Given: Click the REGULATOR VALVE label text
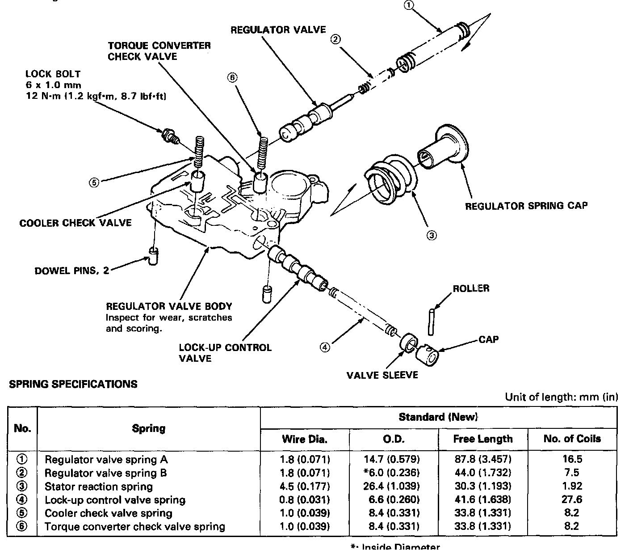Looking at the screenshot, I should point(278,30).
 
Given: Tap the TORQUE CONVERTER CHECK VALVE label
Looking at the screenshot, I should point(159,51).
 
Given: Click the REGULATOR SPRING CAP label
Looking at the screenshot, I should point(526,206).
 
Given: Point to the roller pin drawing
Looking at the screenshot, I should point(432,321).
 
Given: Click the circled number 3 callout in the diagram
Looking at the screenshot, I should point(431,235).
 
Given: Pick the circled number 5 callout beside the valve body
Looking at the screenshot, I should point(94,182).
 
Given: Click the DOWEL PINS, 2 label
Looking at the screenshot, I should point(72,271).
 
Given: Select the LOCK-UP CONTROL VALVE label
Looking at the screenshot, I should point(225,353).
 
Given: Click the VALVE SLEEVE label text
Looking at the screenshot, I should point(382,375).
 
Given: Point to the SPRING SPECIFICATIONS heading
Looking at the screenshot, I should point(73,384).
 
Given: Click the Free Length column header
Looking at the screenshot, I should point(483,439).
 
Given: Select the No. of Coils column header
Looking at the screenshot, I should point(572,439).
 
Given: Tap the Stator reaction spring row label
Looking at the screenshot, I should point(99,487).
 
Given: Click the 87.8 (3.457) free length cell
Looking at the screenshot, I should point(483,459).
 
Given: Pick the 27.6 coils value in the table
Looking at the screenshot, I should point(572,499).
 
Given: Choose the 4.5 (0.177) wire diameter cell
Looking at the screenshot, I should point(305,486).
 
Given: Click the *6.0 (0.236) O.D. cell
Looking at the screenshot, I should point(392,473).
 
